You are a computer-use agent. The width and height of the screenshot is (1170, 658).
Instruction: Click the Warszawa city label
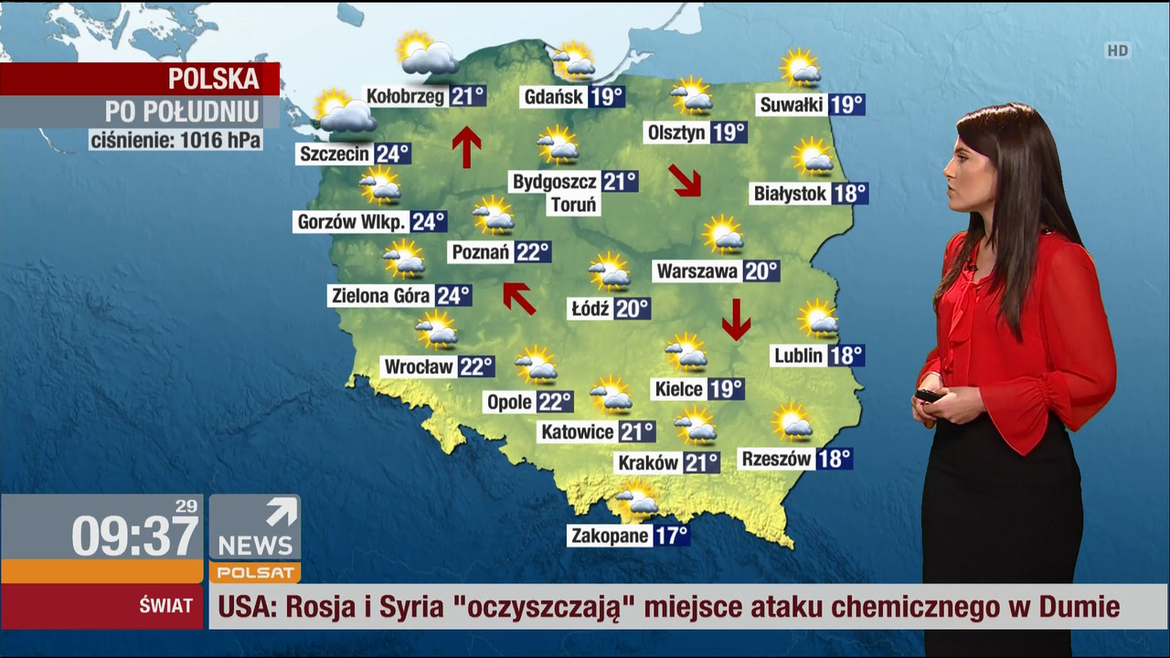697,271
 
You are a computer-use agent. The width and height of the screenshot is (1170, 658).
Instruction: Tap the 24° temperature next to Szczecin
392,154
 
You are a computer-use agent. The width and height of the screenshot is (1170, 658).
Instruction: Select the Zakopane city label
610,536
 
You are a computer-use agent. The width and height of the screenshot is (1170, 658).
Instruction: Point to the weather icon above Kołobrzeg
426,55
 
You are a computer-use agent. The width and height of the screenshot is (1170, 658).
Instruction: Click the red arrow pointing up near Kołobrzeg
466,146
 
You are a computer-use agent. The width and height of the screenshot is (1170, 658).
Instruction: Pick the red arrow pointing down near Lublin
736,319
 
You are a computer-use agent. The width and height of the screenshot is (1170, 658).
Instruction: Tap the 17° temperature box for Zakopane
671,536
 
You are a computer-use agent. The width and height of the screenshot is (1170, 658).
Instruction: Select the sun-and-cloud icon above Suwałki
801,68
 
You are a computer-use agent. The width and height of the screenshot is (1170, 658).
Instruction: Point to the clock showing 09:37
134,536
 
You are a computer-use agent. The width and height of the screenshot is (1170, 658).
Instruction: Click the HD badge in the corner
1117,51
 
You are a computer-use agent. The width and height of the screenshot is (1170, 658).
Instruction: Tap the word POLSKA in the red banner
214,80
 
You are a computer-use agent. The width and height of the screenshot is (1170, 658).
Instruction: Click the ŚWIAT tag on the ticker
165,606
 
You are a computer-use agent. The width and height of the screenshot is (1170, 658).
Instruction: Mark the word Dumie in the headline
1078,607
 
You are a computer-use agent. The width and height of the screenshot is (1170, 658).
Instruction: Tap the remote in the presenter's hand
928,396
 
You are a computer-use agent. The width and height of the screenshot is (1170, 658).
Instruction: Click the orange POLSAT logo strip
254,573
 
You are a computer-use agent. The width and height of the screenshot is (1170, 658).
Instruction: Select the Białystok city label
791,194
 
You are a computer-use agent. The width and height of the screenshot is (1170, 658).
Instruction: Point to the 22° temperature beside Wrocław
476,367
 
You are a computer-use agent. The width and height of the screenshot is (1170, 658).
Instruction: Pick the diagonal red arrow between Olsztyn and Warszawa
685,180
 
